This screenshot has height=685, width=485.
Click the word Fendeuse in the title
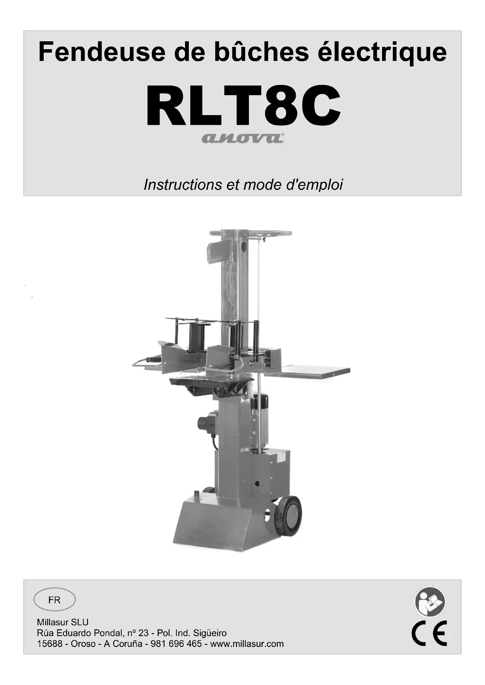click(102, 52)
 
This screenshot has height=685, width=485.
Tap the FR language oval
click(54, 600)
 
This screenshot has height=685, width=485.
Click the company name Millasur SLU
click(63, 622)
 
